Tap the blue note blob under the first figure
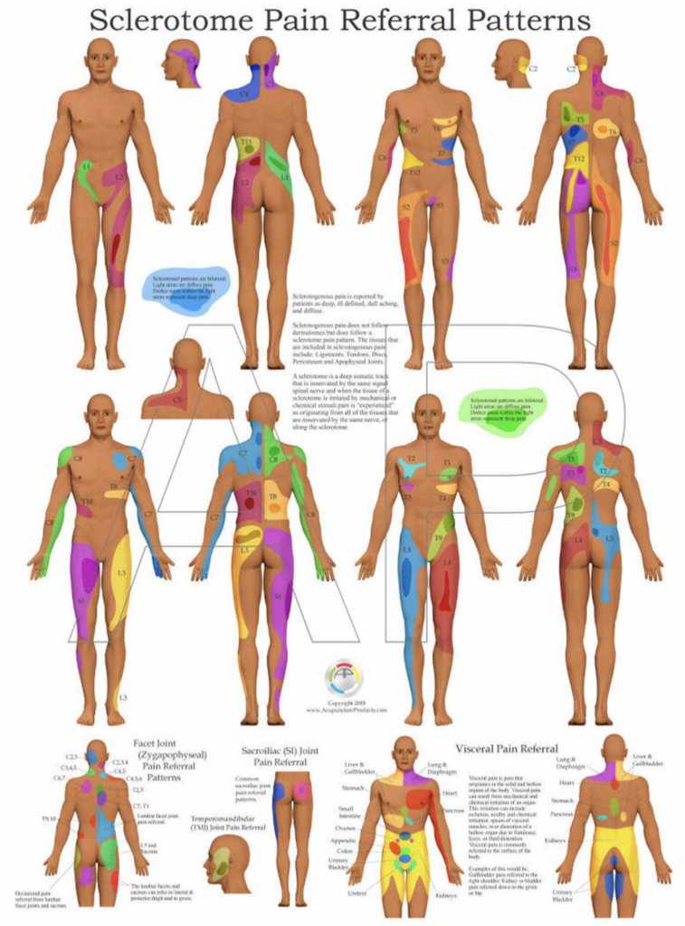[189, 282]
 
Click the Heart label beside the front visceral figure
[450, 792]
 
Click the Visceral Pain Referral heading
[506, 749]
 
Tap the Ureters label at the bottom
[359, 893]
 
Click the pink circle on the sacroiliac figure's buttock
[301, 792]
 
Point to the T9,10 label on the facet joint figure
[48, 818]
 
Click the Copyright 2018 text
[346, 703]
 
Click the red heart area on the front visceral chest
[421, 798]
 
